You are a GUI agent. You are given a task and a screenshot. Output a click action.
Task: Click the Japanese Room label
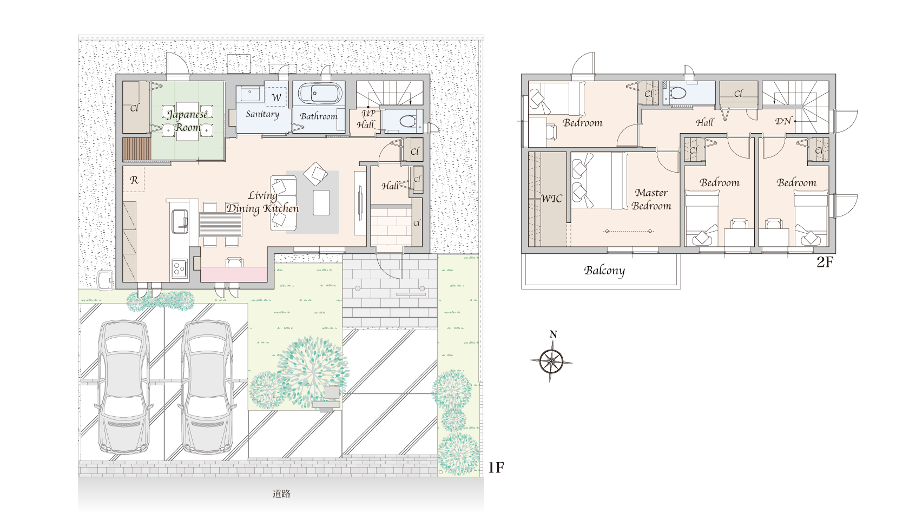[x=187, y=121]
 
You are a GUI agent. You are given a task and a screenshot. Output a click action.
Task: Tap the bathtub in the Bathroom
[x=319, y=94]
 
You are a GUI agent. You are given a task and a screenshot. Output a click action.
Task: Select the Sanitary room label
[x=262, y=114]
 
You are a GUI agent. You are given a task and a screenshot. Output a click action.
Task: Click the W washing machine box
[x=276, y=97]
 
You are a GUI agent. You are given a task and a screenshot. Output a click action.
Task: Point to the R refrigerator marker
[x=134, y=180]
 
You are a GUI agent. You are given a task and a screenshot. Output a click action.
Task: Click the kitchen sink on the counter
[x=180, y=221]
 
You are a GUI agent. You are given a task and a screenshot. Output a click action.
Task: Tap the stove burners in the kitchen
[x=180, y=268]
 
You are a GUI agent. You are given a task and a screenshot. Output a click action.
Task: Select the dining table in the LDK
[x=221, y=224]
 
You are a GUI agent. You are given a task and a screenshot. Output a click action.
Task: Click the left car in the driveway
[x=124, y=387]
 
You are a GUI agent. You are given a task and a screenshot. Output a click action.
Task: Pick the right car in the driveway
[x=207, y=387]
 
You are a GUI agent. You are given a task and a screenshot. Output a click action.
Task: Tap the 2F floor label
[x=825, y=262]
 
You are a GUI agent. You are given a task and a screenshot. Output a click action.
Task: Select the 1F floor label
[x=496, y=468]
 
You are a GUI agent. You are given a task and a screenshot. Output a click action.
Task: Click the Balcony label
[x=604, y=271]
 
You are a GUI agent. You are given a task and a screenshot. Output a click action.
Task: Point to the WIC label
[x=552, y=199]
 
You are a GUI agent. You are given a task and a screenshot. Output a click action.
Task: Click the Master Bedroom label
[x=651, y=199]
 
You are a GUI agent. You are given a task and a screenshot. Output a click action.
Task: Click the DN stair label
[x=783, y=121]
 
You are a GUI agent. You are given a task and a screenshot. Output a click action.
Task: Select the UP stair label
[x=368, y=113]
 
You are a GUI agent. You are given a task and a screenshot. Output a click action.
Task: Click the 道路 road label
[x=281, y=494]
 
